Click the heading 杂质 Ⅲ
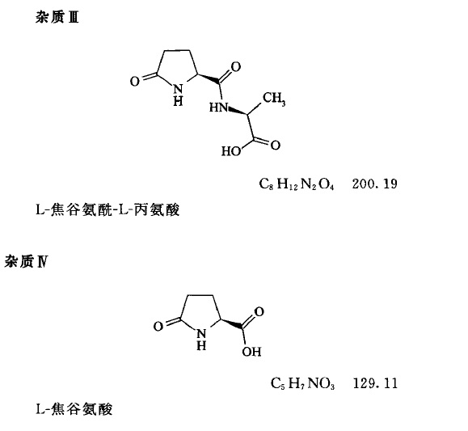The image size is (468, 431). click(x=57, y=18)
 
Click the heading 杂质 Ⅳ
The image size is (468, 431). click(x=26, y=262)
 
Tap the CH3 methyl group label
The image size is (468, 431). click(x=274, y=99)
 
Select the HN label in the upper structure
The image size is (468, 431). click(x=219, y=108)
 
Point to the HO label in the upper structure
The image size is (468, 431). click(x=231, y=151)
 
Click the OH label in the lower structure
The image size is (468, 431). click(x=251, y=352)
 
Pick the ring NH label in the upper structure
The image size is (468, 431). click(x=178, y=95)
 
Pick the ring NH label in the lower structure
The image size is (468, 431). click(x=201, y=340)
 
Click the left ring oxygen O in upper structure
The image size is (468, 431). click(x=135, y=81)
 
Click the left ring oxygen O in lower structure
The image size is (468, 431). click(x=158, y=326)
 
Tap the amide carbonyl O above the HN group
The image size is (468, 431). click(x=235, y=66)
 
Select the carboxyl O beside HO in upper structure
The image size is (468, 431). click(x=275, y=145)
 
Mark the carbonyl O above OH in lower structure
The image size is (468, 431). click(x=259, y=311)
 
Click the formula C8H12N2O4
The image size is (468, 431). click(x=297, y=184)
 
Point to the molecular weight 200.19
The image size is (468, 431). click(x=374, y=184)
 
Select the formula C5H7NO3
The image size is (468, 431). click(x=302, y=383)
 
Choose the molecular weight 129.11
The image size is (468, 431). click(x=375, y=383)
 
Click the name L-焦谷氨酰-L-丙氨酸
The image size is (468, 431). click(x=108, y=209)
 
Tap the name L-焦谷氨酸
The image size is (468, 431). click(x=74, y=409)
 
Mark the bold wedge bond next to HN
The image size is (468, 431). click(x=238, y=111)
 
